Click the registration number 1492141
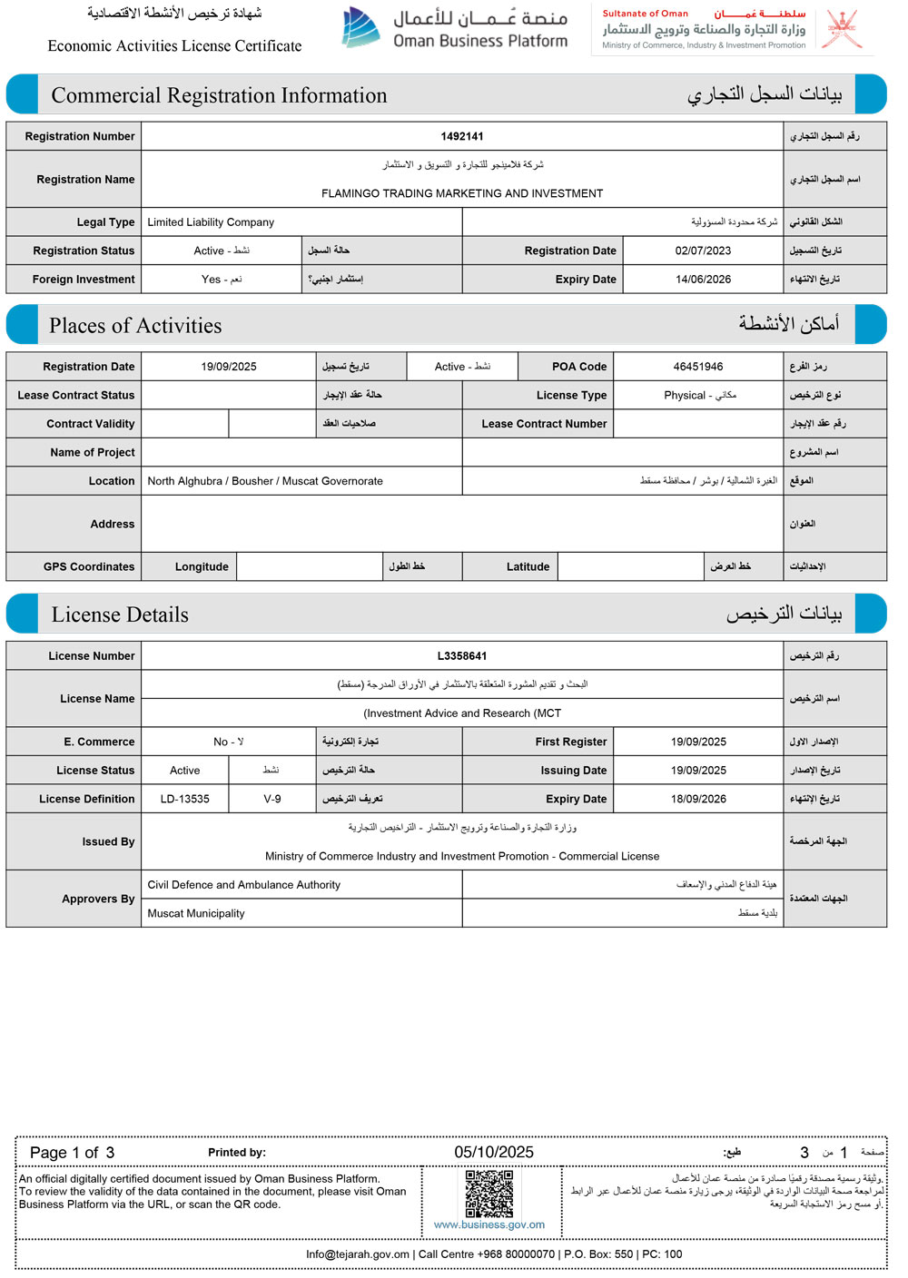coord(462,136)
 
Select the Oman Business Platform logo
coord(454,28)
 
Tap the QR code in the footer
coord(489,1194)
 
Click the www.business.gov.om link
coord(489,1225)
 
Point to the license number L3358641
coord(462,656)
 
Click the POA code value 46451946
coord(698,367)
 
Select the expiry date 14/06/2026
coord(703,280)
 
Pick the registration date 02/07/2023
coord(703,251)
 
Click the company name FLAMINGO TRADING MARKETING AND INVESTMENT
coord(462,193)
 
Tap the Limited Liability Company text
coord(211,222)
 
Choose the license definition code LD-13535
coord(184,800)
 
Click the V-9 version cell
coord(272,800)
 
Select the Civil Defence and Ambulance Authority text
coord(244,885)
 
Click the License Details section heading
coord(120,614)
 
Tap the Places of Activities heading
coord(135,326)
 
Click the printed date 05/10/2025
coord(494,1153)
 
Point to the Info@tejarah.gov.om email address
coord(358,1254)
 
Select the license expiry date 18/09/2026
coord(698,800)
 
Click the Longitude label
coord(202,567)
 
